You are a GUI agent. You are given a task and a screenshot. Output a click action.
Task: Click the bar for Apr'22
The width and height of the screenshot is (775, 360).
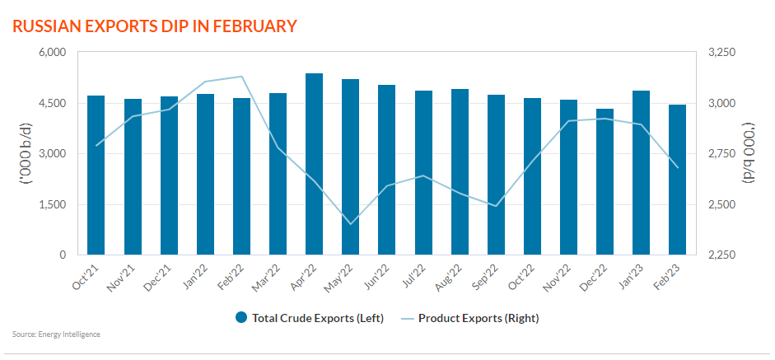314,165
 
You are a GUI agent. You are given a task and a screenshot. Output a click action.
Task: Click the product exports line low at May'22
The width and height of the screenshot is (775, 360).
351,224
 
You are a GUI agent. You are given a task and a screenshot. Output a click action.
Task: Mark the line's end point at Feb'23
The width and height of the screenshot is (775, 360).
677,168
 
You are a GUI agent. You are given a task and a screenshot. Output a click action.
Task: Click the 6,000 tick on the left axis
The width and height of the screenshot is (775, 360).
52,53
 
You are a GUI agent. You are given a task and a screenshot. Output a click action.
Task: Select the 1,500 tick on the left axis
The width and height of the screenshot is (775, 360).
52,205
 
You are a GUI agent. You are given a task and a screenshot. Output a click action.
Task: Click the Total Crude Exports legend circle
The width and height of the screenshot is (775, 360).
241,317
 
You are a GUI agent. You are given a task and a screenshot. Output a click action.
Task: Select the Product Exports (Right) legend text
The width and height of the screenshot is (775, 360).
479,317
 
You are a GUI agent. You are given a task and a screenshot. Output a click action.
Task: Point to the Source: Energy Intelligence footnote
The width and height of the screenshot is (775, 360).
56,334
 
